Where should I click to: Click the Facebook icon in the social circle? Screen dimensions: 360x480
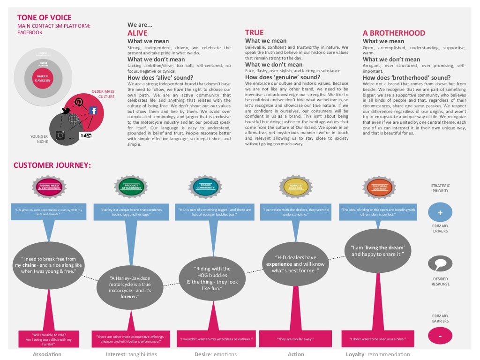93,111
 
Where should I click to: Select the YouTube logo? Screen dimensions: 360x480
86,135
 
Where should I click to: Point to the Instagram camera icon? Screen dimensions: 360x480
60,135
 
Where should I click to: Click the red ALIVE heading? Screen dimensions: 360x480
137,33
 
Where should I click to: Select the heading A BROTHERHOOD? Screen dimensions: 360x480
394,33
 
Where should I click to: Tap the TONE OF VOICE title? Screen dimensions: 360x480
45,17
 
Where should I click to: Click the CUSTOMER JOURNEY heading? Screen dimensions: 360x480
52,165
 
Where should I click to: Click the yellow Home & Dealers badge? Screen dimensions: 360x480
296,187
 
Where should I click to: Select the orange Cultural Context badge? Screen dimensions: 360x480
380,187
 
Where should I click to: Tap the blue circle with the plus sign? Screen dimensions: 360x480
440,213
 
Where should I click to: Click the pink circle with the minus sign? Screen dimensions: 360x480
440,336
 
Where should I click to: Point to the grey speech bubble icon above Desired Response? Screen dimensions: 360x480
440,264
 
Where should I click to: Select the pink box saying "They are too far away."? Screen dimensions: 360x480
295,339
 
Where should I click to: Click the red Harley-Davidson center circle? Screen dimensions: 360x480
43,78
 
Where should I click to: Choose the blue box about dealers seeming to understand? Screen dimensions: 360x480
295,212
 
